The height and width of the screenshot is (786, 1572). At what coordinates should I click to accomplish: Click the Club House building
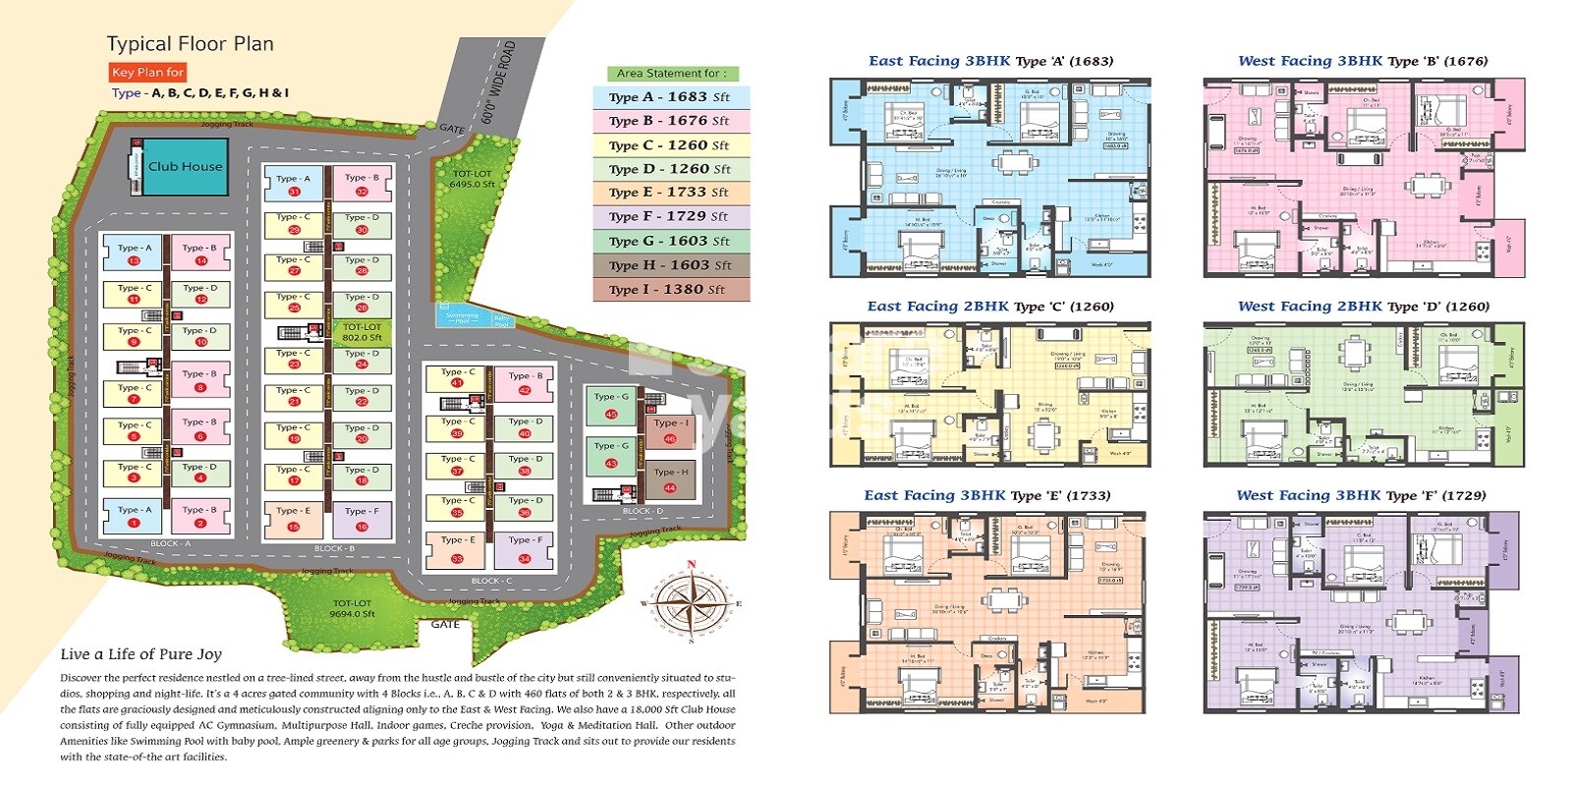pyautogui.click(x=185, y=166)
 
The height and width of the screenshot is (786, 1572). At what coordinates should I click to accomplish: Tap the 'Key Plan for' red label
pyautogui.click(x=147, y=72)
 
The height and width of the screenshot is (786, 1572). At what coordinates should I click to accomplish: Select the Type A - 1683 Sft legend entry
pyautogui.click(x=670, y=97)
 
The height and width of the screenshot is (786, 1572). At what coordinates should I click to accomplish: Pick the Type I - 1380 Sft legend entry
pyautogui.click(x=670, y=290)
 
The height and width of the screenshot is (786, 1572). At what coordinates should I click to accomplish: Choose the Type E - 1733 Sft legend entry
pyautogui.click(x=670, y=193)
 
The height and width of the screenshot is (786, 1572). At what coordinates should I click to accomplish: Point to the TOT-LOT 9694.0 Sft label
pyautogui.click(x=353, y=608)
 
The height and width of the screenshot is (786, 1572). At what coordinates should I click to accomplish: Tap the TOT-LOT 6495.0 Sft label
pyautogui.click(x=472, y=179)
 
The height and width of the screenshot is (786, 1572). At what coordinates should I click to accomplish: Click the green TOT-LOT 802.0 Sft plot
pyautogui.click(x=363, y=332)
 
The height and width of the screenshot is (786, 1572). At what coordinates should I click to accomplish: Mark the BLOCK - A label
pyautogui.click(x=170, y=543)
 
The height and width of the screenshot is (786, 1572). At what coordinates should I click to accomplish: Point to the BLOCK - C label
pyautogui.click(x=491, y=581)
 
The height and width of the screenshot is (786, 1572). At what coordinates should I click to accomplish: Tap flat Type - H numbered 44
pyautogui.click(x=671, y=479)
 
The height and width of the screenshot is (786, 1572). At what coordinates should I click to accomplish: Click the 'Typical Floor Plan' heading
pyautogui.click(x=190, y=44)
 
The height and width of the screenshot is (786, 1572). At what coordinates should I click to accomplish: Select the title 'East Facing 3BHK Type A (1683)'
pyautogui.click(x=990, y=61)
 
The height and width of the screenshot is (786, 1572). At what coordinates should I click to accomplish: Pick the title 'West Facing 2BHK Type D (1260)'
pyautogui.click(x=1363, y=307)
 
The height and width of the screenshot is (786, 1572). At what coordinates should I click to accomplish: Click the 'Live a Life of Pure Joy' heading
pyautogui.click(x=140, y=654)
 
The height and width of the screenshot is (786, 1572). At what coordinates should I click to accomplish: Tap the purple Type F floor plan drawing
pyautogui.click(x=1363, y=611)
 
